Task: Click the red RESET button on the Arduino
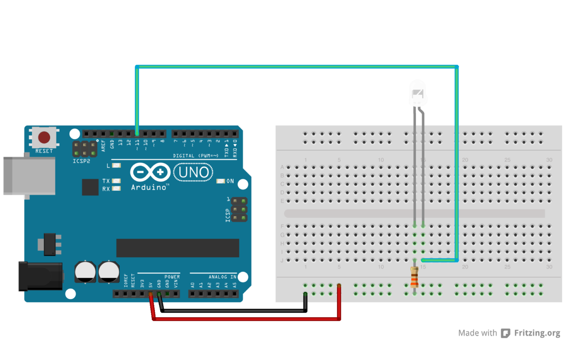point(44,138)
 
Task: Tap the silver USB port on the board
point(29,176)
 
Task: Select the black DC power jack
point(40,276)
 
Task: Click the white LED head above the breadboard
point(417,94)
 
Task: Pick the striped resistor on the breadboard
point(414,277)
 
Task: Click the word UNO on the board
point(193,172)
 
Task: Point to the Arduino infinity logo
point(150,172)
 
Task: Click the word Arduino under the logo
point(149,187)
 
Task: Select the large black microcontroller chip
point(177,248)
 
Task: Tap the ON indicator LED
point(221,181)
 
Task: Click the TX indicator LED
point(116,181)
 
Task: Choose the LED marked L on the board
point(116,165)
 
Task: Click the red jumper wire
point(246,319)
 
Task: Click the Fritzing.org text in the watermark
point(537,333)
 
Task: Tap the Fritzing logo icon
point(506,333)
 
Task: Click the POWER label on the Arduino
point(172,277)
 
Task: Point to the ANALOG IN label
point(222,277)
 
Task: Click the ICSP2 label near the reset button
point(81,161)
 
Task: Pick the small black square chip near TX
point(90,187)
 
